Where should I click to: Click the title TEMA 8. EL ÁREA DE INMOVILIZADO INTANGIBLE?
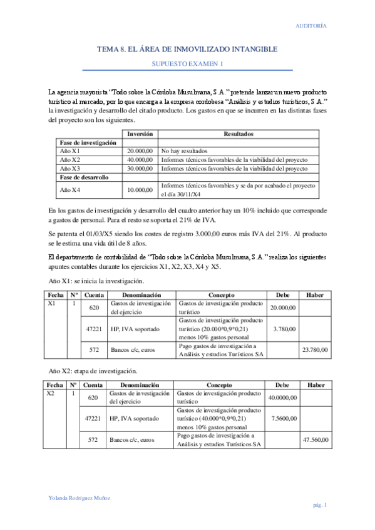coord(187,49)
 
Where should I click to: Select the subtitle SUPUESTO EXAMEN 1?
coord(187,64)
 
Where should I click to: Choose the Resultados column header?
coord(239,134)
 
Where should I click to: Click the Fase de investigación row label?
coord(88,142)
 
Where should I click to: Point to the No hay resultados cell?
coord(184,151)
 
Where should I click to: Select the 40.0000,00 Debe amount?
coord(282,397)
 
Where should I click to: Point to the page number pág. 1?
coord(320,505)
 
